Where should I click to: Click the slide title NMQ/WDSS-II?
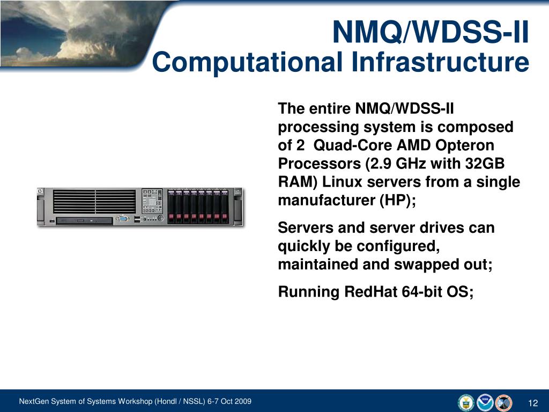431,32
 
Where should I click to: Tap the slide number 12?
532,403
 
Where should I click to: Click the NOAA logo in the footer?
485,402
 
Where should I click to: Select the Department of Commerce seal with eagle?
466,402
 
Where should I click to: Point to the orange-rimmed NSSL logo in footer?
504,402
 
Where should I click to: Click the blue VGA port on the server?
123,219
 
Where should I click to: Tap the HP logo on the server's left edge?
41,192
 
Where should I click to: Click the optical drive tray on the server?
84,220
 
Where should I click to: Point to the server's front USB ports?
138,219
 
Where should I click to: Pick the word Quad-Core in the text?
345,145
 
